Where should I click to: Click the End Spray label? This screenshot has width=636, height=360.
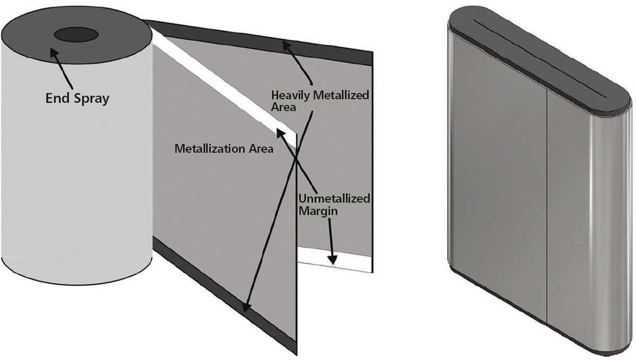(77, 99)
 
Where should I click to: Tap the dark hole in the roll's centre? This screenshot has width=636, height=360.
(76, 36)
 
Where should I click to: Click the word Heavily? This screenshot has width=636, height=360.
(289, 95)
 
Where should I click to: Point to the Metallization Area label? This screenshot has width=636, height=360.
(224, 149)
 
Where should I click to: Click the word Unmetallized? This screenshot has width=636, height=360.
(333, 199)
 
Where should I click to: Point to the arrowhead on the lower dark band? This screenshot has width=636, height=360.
(245, 307)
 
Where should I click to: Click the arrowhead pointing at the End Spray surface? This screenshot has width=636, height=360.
(54, 52)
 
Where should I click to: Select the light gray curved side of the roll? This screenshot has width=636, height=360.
(74, 175)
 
